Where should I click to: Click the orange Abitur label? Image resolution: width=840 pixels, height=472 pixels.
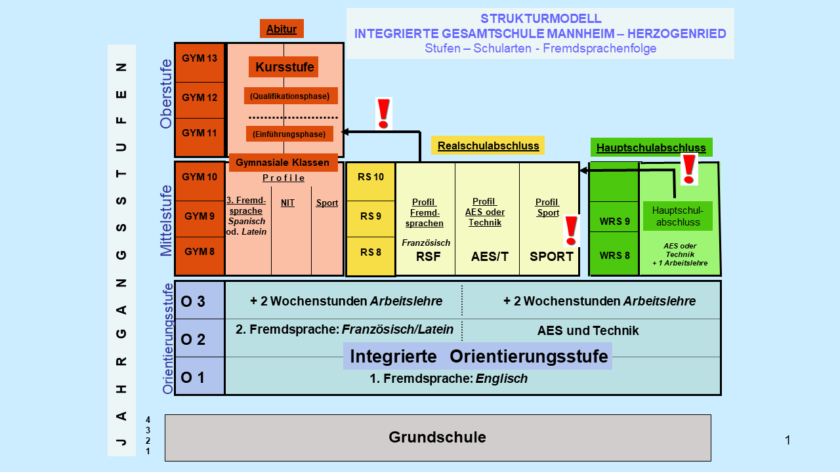point(282,29)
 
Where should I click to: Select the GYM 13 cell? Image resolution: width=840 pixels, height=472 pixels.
point(199,58)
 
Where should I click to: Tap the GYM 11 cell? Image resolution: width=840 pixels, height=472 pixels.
point(199,133)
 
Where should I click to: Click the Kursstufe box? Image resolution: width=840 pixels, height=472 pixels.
point(284,67)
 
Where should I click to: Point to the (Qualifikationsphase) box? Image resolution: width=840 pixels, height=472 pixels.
point(290,96)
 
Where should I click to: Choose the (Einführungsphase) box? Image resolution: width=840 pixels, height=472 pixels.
point(289,134)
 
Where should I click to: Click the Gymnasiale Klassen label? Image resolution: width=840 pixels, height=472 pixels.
point(283,163)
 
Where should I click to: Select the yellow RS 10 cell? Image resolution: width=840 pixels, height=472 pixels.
point(371,177)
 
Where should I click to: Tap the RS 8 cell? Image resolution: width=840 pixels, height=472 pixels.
point(370,252)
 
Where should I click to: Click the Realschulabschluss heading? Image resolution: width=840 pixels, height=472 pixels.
point(488,146)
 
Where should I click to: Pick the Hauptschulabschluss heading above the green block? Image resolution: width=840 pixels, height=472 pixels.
point(651,147)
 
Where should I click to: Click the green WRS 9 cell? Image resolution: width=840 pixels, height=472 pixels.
point(614,221)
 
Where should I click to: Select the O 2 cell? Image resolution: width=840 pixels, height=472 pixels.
point(194,340)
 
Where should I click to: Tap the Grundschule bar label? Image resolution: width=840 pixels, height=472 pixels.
point(437,437)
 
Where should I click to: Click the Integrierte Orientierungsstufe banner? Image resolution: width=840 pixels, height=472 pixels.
point(478,357)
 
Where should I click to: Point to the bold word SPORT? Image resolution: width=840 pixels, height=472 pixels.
point(551,256)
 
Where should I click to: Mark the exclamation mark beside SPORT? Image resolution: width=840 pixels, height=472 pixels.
point(571,230)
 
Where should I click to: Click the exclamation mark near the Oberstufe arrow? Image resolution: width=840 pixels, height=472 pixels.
point(383,113)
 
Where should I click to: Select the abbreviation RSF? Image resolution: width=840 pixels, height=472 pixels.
point(428,256)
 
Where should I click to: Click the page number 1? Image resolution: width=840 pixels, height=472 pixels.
point(787,441)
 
